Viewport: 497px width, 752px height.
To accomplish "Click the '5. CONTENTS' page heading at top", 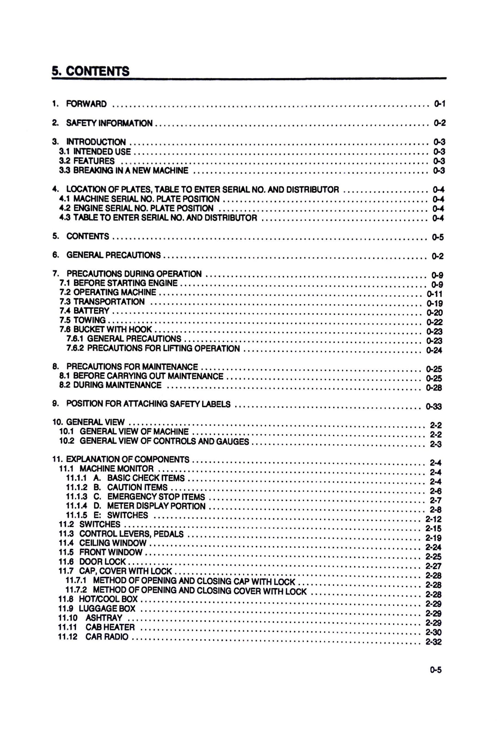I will pos(90,71).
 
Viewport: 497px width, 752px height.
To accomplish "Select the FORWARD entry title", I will pos(86,104).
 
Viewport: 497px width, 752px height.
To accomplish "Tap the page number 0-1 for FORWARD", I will pos(440,104).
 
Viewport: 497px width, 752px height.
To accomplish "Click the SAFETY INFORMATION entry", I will pos(109,123).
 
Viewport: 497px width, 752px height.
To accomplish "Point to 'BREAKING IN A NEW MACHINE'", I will pos(131,171).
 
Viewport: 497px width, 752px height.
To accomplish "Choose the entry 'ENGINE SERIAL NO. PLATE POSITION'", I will pos(143,209).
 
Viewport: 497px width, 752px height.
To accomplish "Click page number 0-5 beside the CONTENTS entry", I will pos(437,237).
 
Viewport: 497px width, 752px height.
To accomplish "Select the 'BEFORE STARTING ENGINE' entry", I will pos(125,283).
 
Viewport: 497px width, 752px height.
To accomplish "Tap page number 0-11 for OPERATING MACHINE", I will pos(434,294).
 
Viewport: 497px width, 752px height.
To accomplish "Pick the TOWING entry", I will pos(89,320).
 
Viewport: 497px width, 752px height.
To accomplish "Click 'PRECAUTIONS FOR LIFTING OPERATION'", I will pos(163,349).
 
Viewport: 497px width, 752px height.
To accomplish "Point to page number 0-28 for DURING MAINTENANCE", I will pos(434,388).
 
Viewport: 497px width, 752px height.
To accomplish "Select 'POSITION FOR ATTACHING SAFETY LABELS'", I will pos(148,404).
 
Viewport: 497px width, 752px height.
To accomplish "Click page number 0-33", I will pos(434,407).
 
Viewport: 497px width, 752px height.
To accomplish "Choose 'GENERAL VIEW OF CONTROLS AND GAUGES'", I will pos(164,442).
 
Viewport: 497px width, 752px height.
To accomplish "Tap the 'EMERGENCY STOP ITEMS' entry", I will pos(156,497).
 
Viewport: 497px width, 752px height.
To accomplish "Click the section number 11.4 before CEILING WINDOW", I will pos(66,543).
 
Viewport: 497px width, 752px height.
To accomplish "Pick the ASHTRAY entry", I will pos(104,618).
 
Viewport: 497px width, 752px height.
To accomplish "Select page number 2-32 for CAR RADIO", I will pos(433,642).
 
